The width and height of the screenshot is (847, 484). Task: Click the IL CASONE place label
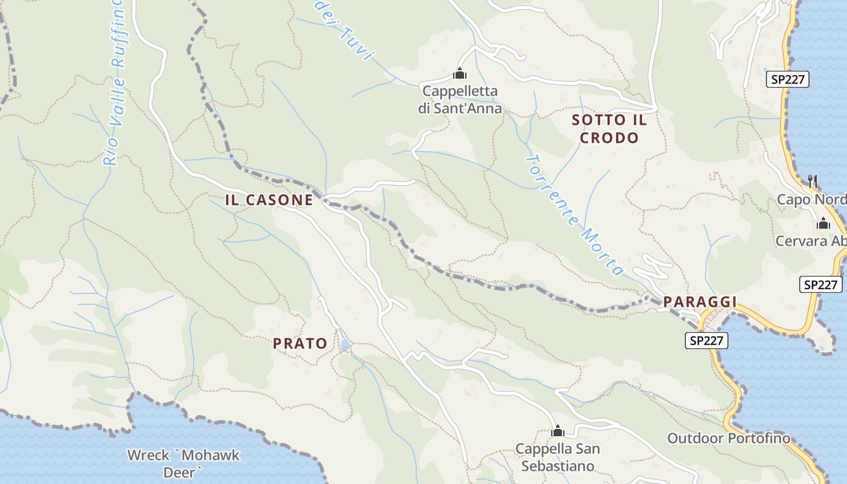coord(269,200)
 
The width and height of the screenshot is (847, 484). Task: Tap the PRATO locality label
coord(300,344)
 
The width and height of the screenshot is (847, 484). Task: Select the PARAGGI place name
coord(700,302)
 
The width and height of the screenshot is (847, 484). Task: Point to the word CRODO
coord(609,138)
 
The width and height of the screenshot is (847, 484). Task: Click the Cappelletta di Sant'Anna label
coord(460,100)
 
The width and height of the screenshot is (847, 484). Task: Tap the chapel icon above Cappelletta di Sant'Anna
coord(460,74)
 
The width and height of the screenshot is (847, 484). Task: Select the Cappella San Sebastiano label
coord(558,457)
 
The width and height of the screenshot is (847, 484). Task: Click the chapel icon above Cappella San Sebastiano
coord(558,431)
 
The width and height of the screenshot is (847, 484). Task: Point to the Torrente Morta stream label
coord(574,215)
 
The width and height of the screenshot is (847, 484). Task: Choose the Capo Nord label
coord(811,200)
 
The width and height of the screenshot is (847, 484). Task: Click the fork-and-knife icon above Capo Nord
coord(813,181)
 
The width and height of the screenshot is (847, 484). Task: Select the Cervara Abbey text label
coord(811,241)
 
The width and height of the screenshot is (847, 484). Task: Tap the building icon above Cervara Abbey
coord(823,224)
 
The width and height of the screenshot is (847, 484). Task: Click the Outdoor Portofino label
coord(728,438)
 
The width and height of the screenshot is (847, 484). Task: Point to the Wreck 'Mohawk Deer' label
coord(183,463)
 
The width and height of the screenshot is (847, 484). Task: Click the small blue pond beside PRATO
coord(344,345)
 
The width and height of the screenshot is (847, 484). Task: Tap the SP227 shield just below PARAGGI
coord(707,341)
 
